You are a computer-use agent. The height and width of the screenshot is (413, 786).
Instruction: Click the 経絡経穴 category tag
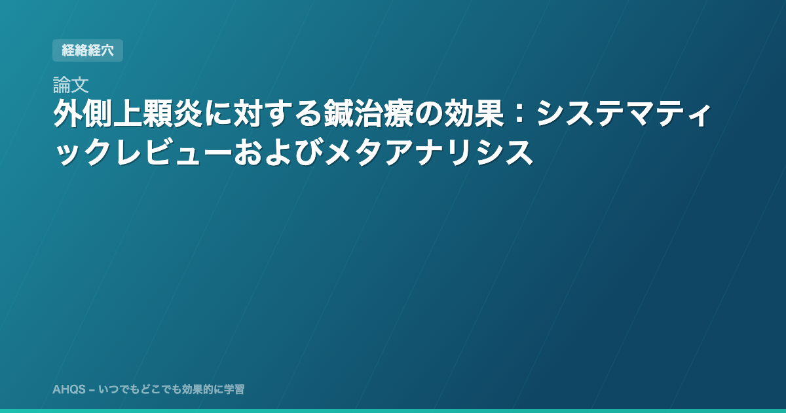[x=88, y=50]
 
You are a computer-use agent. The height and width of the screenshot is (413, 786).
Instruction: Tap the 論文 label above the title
[x=71, y=85]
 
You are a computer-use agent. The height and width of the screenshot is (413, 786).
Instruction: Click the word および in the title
[x=278, y=152]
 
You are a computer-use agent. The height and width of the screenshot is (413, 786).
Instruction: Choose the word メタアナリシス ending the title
[x=428, y=152]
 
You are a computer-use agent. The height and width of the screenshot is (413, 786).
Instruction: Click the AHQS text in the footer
[x=69, y=389]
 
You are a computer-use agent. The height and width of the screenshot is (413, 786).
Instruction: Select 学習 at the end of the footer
[x=234, y=389]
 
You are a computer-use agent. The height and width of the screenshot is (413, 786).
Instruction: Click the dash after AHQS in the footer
[x=92, y=390]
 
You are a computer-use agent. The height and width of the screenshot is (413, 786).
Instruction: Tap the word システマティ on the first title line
[x=623, y=113]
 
